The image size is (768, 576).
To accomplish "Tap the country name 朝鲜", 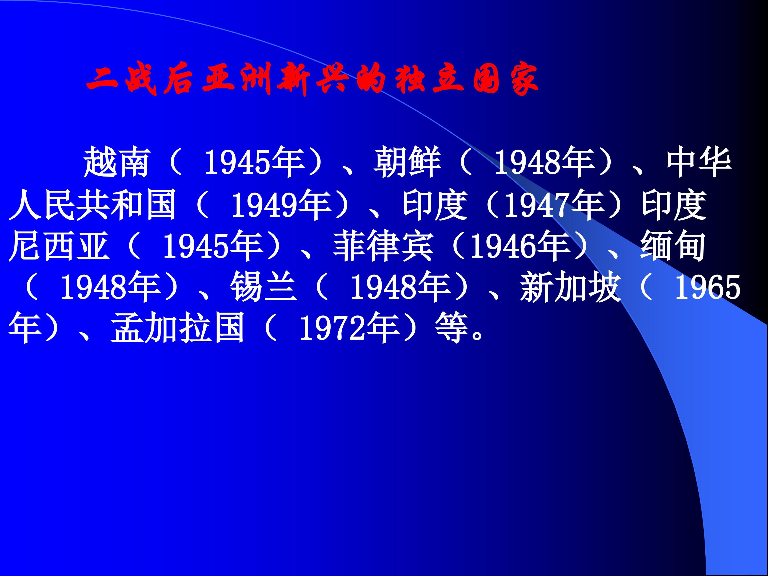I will tap(407, 162).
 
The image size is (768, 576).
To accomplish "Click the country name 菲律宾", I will tap(383, 246).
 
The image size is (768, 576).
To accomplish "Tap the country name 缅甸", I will tap(673, 246).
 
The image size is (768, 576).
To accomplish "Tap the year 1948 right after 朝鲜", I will tap(528, 162).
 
